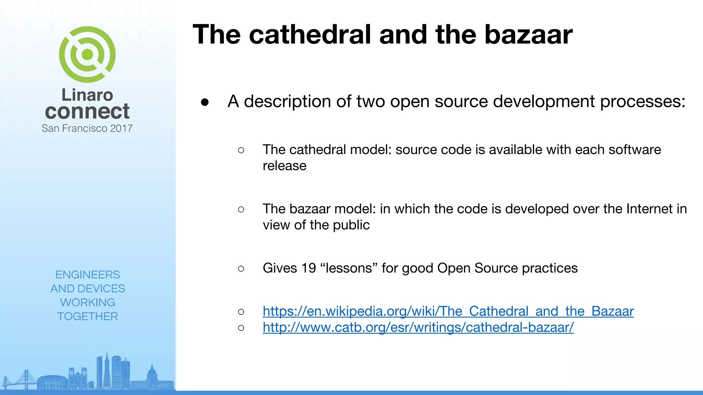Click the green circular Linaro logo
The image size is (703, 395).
pyautogui.click(x=87, y=54)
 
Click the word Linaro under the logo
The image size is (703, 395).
pyautogui.click(x=87, y=95)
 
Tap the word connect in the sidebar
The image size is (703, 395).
pyautogui.click(x=87, y=111)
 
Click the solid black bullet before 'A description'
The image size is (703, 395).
pyautogui.click(x=205, y=102)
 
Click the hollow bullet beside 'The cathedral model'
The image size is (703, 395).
pyautogui.click(x=241, y=150)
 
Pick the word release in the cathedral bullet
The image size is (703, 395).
pyautogui.click(x=284, y=166)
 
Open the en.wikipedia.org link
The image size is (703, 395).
pyautogui.click(x=448, y=311)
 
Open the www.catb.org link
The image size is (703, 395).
pyautogui.click(x=418, y=327)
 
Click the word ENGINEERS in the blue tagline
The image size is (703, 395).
pyautogui.click(x=88, y=275)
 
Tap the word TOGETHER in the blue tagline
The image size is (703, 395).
pyautogui.click(x=88, y=316)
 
